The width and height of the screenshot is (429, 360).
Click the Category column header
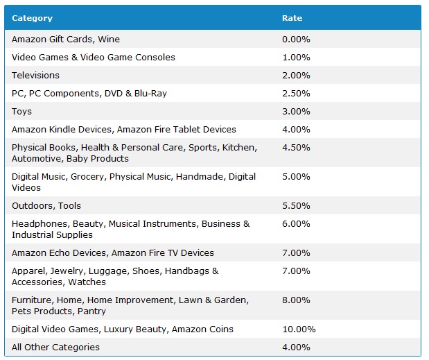pos(32,18)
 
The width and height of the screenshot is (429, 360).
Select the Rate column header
pos(292,18)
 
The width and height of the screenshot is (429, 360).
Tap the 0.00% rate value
pos(296,40)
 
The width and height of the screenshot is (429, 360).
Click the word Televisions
pos(35,76)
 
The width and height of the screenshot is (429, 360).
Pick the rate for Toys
pos(296,112)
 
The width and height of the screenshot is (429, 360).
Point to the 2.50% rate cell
pos(296,94)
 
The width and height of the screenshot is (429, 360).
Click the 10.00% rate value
pos(299,329)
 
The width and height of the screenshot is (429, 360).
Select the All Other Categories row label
pos(55,348)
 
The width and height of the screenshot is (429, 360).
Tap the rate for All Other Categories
pos(296,348)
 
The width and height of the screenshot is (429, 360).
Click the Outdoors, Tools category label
pos(46,206)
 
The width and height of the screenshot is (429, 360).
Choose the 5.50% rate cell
pos(296,206)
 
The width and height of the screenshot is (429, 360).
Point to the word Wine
pos(108,40)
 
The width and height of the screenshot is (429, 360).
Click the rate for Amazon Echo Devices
pos(296,253)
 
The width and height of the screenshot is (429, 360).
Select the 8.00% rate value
pos(296,300)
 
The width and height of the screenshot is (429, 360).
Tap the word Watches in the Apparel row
pos(87,282)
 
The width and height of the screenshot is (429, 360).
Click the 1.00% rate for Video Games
pos(296,58)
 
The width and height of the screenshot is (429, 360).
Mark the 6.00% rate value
pos(296,224)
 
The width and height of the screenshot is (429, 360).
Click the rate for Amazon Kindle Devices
pos(296,130)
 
